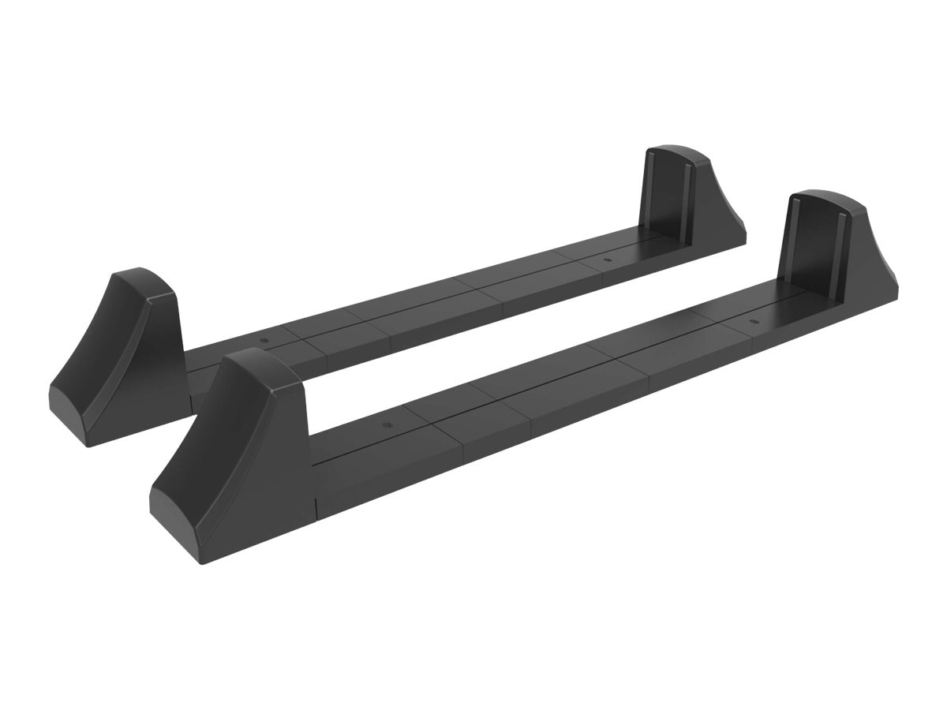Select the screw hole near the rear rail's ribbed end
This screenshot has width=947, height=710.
[x=606, y=260]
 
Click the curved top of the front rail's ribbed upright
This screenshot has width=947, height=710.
[x=821, y=198]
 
